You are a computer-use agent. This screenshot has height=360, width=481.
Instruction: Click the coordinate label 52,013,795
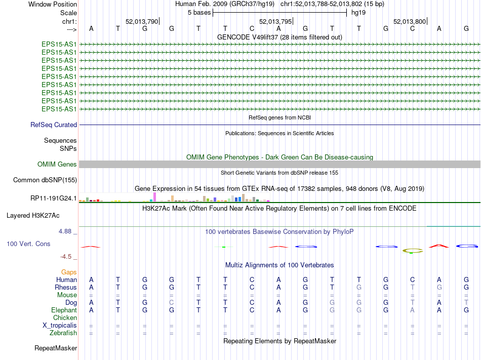(275, 21)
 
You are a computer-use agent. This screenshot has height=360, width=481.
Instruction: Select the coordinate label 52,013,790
(142, 21)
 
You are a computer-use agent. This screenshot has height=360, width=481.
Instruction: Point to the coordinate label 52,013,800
(410, 21)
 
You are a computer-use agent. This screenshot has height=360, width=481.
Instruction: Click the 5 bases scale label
(199, 12)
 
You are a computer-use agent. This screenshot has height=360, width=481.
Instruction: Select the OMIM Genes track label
(57, 164)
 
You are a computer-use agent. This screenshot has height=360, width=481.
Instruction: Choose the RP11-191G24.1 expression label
(54, 198)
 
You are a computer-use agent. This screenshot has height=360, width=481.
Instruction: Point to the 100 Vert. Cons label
(28, 244)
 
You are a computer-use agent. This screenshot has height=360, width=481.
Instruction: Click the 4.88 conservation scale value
(67, 231)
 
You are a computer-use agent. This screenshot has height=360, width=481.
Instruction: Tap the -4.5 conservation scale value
(69, 257)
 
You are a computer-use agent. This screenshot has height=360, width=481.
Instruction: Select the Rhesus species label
(66, 287)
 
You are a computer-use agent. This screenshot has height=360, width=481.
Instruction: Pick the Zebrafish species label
(63, 333)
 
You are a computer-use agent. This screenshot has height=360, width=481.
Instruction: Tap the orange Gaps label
(69, 272)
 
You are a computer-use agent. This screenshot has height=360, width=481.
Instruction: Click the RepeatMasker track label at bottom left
(56, 348)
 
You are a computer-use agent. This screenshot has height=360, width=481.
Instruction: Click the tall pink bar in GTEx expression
(154, 196)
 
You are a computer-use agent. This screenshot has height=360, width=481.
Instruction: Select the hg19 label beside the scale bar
(358, 12)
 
